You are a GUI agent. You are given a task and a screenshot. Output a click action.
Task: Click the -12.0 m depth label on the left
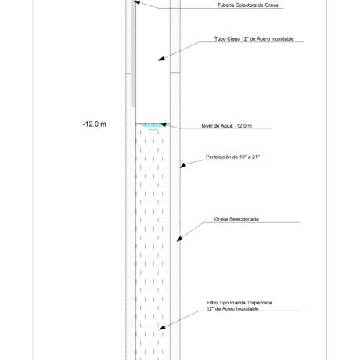95,124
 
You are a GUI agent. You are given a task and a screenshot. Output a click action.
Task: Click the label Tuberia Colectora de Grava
247,5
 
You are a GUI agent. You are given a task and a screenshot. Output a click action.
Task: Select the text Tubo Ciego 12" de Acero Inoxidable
254,38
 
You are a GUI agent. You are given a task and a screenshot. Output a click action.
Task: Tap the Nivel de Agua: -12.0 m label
227,126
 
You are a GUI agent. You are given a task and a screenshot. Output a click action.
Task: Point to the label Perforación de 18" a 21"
232,157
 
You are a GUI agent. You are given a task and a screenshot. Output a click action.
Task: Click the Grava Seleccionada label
236,219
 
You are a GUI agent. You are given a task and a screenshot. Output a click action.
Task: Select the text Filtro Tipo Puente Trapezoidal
239,303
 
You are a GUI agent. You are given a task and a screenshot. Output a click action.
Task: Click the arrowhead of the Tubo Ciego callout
162,59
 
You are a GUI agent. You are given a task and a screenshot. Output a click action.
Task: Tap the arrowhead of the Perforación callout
183,165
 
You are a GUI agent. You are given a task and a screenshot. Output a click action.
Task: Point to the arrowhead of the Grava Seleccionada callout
179,239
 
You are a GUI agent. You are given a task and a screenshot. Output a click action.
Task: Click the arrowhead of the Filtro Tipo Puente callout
162,327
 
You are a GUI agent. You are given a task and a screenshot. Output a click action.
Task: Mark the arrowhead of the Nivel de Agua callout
164,124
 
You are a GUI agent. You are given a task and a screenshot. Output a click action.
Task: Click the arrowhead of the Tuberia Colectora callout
138,2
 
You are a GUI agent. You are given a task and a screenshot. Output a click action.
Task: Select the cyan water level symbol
153,126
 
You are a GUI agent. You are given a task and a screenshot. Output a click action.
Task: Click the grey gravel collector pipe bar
134,53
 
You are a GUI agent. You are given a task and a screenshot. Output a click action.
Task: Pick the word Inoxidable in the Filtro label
247,308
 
